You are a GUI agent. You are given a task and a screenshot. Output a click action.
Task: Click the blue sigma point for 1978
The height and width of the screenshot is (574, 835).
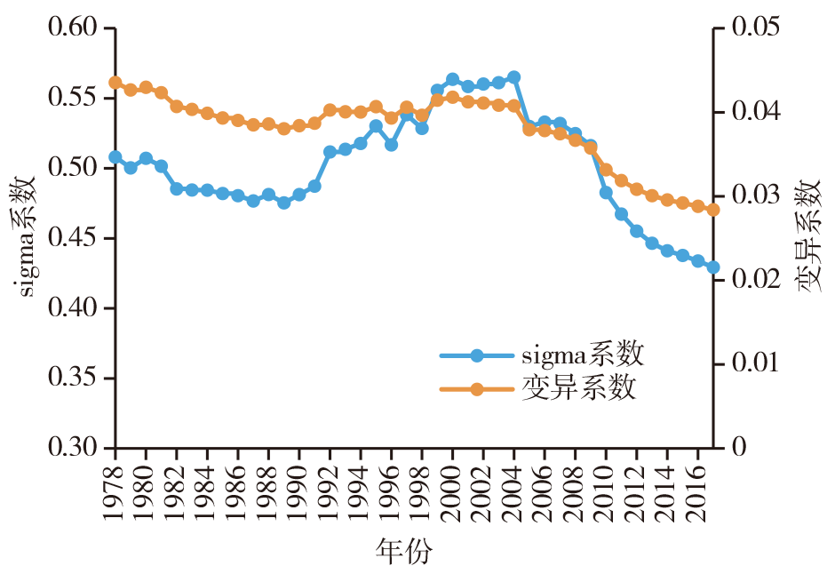(115, 157)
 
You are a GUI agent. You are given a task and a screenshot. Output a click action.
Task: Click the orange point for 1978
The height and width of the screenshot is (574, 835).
(115, 83)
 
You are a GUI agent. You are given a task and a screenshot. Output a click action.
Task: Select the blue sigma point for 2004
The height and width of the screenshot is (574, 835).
(513, 77)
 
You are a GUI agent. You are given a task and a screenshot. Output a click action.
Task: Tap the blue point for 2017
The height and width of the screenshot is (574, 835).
(712, 267)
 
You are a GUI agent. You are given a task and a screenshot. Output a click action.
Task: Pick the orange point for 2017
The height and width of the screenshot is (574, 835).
(712, 210)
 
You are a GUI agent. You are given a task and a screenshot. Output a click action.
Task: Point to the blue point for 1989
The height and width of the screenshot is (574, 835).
(283, 203)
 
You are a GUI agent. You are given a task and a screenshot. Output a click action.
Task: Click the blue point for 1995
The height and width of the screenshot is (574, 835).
(376, 126)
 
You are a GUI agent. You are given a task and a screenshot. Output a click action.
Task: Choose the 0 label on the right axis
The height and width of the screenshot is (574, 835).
(736, 448)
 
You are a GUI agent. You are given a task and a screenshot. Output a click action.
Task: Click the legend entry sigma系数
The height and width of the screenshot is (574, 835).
(582, 356)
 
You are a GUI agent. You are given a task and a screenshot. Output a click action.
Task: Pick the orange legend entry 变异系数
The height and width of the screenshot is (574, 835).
(578, 389)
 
